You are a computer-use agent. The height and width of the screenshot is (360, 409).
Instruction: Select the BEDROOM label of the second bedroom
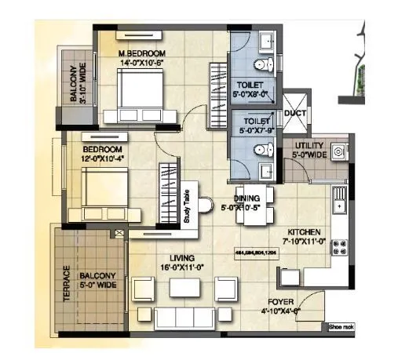point(103,149)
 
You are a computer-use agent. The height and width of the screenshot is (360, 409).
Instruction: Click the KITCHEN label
point(305,233)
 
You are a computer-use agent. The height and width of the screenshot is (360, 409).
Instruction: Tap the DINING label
point(250,198)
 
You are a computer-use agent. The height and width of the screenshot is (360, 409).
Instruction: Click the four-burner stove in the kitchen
point(341,249)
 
